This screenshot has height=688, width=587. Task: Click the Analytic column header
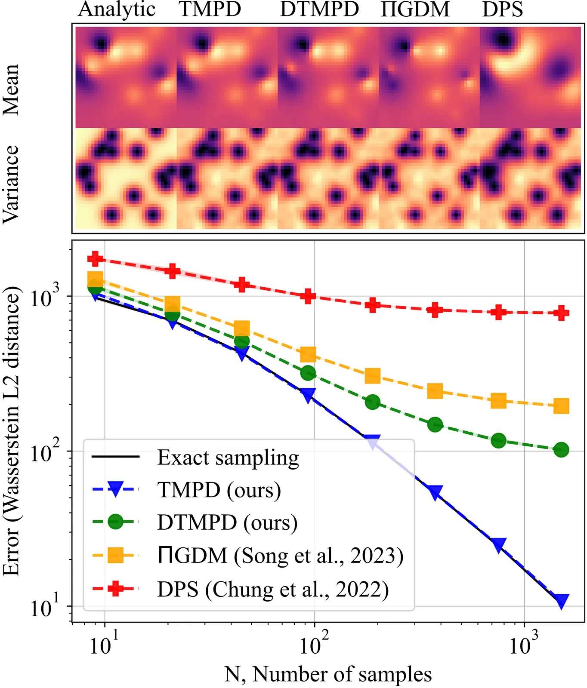click(x=117, y=9)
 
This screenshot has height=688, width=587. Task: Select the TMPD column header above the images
click(x=210, y=9)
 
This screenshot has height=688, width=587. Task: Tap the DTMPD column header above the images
click(x=319, y=9)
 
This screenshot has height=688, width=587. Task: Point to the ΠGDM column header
click(x=415, y=9)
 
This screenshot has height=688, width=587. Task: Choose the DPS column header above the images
click(x=502, y=9)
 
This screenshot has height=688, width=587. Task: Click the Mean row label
click(x=11, y=89)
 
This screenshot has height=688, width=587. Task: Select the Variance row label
click(x=11, y=184)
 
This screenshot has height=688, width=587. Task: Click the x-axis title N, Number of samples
click(x=328, y=674)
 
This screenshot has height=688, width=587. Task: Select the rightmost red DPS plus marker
click(x=561, y=313)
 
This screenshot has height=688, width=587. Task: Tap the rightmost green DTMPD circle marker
click(x=561, y=450)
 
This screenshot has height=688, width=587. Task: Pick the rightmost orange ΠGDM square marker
click(x=561, y=405)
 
